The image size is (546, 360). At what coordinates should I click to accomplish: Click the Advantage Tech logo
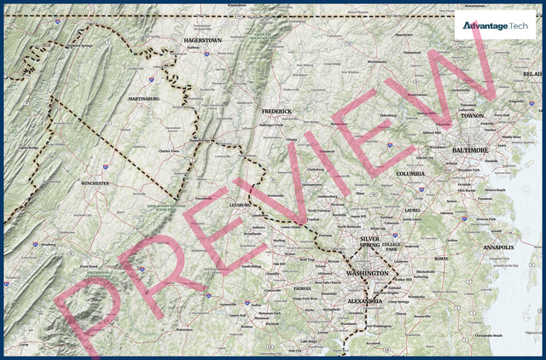point(495,26)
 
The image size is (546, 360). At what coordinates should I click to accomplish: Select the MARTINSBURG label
point(143,99)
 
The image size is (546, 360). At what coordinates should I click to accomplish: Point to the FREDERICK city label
point(276,111)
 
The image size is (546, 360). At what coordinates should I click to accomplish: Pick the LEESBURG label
point(241,205)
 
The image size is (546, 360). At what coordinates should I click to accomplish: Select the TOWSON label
point(472,115)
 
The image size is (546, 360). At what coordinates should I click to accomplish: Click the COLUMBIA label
point(410,173)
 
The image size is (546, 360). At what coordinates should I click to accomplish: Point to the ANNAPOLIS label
point(498,247)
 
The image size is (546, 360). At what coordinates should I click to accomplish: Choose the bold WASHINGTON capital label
point(367,273)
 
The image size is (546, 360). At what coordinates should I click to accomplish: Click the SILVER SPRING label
point(369,242)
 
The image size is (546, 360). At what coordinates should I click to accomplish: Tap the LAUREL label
point(413,210)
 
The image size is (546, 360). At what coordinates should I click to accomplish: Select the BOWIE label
point(441,258)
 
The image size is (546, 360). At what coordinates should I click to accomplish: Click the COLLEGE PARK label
point(392,247)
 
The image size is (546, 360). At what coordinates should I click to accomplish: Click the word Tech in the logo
point(519,26)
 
